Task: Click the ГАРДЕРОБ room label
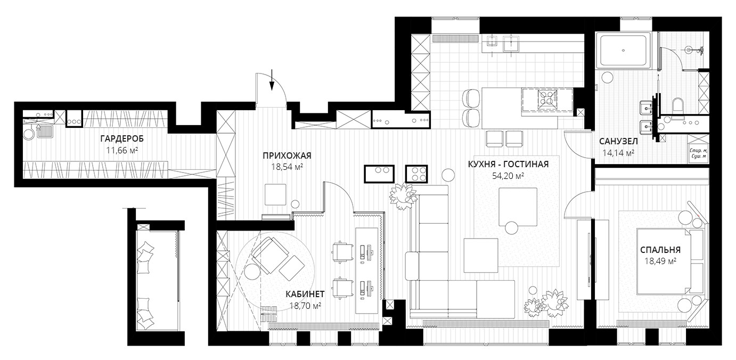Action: click(x=122, y=139)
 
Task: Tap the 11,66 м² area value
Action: click(x=122, y=150)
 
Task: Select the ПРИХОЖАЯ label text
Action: click(x=287, y=156)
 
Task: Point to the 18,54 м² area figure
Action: click(x=287, y=167)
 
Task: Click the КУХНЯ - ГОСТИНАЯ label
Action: click(x=508, y=164)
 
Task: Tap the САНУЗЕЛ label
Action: click(x=619, y=142)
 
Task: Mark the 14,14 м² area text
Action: click(x=619, y=153)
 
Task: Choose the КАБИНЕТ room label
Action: click(x=305, y=294)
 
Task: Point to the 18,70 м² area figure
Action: click(x=305, y=306)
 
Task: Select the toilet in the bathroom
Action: click(x=677, y=105)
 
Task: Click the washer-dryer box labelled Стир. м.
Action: click(x=697, y=150)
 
